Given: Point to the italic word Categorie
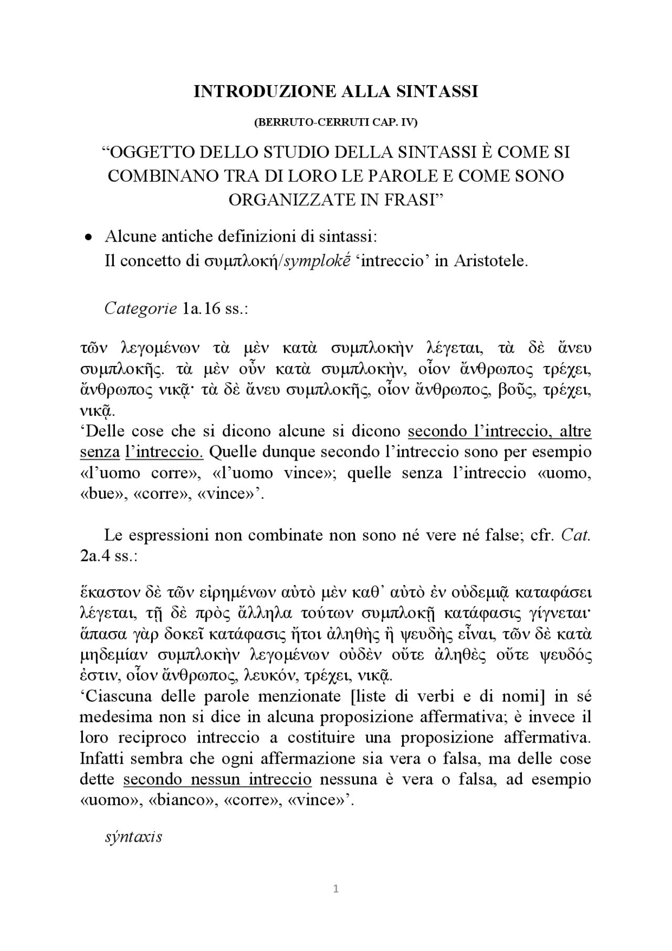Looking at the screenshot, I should point(140,308).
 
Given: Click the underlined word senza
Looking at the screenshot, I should point(100,452).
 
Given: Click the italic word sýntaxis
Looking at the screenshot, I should point(133,837).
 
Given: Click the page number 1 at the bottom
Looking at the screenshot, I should point(336,889).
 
